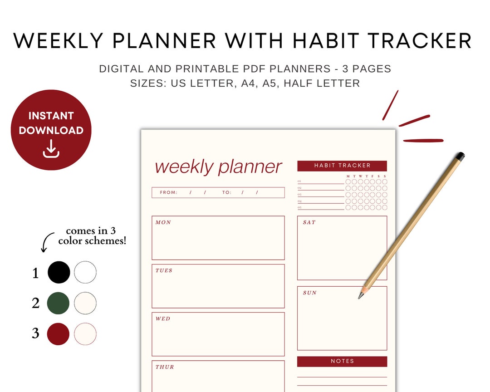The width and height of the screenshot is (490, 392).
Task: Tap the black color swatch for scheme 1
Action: [59, 272]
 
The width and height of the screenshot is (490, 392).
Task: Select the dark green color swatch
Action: [59, 303]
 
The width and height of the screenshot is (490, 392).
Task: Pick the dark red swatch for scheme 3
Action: [59, 333]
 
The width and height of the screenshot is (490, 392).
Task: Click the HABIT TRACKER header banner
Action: [342, 166]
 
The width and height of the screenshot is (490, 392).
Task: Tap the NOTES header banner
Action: [342, 361]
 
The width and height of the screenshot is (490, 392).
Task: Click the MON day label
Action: [163, 222]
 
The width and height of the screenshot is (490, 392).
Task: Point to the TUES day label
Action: [164, 270]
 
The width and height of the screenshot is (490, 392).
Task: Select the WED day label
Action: [163, 318]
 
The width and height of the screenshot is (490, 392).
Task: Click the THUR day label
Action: [165, 367]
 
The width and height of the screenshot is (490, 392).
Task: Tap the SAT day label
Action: [309, 222]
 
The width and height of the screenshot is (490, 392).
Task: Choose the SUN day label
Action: [310, 293]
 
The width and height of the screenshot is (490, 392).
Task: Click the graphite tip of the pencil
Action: [360, 296]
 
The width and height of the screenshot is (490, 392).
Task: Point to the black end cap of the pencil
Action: [460, 157]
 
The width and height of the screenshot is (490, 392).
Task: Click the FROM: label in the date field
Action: [168, 192]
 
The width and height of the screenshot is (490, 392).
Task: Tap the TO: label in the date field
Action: [227, 192]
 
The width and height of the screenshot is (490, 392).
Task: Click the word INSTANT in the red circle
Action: [51, 116]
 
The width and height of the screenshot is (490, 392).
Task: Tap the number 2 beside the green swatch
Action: [36, 303]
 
